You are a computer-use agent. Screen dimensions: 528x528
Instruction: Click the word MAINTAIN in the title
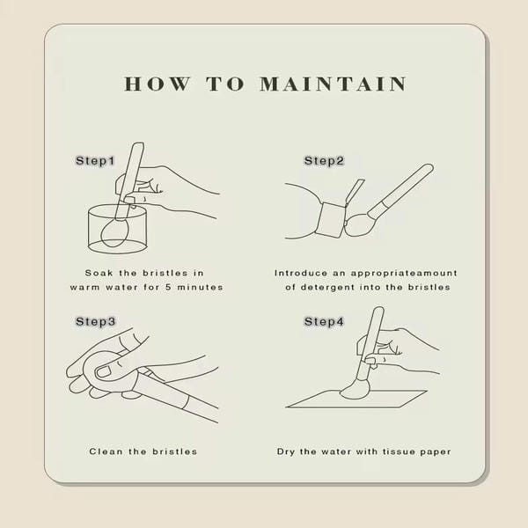coord(333,84)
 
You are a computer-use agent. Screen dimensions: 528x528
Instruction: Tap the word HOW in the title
coord(158,84)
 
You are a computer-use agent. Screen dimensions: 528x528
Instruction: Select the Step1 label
coord(95,161)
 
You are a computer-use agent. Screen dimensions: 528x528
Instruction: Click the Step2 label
coord(324,161)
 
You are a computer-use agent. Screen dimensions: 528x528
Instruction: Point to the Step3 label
coord(96,321)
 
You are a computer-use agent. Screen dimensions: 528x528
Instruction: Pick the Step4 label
coord(324,321)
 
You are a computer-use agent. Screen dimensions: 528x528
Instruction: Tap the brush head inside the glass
coord(114,233)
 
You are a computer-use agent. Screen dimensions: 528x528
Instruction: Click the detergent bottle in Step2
coord(332,219)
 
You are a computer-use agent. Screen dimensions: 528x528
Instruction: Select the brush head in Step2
coord(358,225)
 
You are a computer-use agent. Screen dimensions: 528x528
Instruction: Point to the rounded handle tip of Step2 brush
coord(429,168)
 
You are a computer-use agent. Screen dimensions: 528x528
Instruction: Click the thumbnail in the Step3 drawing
coord(104,371)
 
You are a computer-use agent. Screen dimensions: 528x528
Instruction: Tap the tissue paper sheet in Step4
coord(357,400)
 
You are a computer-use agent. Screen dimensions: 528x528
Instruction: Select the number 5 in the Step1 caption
coord(168,287)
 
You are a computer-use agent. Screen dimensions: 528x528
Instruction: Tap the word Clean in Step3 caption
coord(106,451)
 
